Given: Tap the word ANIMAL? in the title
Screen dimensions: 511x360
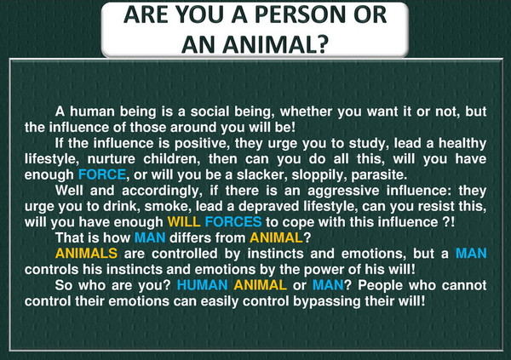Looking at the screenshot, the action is [276, 44].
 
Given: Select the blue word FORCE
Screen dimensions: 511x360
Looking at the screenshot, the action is [102, 174].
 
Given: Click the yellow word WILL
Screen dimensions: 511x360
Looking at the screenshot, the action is [184, 222].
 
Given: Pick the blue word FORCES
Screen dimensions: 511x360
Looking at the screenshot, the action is [233, 222].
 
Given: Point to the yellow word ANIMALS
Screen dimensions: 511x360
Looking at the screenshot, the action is [86, 254].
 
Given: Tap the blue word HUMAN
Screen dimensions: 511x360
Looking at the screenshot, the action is [202, 285].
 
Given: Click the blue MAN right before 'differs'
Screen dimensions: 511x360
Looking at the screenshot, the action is [150, 237].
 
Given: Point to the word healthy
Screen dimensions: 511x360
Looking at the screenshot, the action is [462, 144].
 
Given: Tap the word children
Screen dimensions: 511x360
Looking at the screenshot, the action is [172, 159].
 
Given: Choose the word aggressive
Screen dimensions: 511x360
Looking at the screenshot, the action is [343, 191].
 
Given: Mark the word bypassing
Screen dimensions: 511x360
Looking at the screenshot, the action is [326, 301].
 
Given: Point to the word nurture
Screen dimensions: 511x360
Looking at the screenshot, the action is [111, 160].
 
